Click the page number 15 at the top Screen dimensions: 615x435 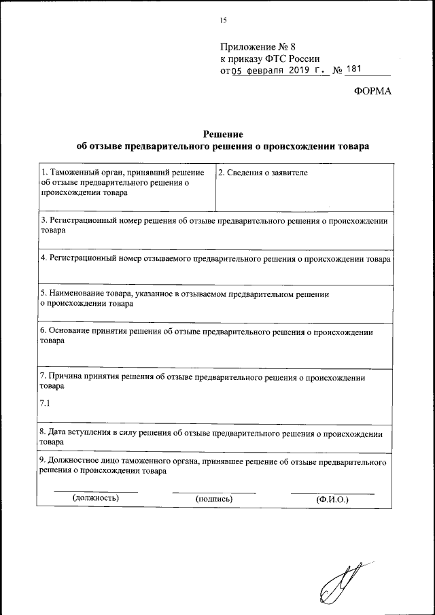coord(222,20)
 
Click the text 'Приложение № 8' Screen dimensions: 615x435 coord(258,47)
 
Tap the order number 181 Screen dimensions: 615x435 coord(355,69)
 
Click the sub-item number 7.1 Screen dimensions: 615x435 coord(46,404)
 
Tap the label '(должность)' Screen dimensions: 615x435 coord(96,498)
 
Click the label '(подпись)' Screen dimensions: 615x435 coord(214,499)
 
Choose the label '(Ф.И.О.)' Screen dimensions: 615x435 coord(332,499)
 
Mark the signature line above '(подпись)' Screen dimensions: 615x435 coord(214,492)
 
